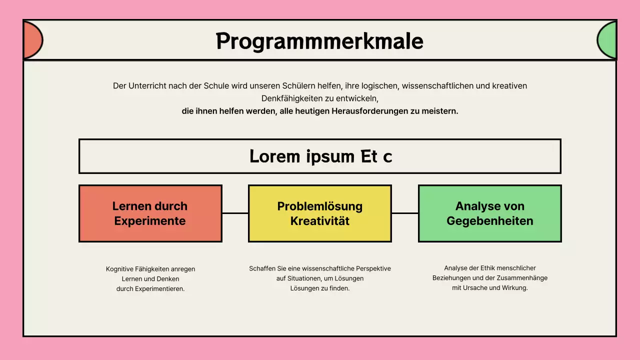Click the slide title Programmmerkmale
pos(319,41)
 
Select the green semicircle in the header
pos(607,40)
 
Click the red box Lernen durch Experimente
pos(150,213)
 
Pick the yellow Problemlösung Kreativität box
pos(320,213)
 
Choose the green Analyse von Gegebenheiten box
pos(489,213)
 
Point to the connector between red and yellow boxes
pos(235,213)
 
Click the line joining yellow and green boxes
pos(404,213)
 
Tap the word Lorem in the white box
pos(274,156)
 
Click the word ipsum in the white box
pos(329,156)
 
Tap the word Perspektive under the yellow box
pos(373,268)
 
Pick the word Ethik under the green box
pos(488,268)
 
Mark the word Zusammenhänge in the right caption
pos(524,278)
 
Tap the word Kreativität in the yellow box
pos(320,221)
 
